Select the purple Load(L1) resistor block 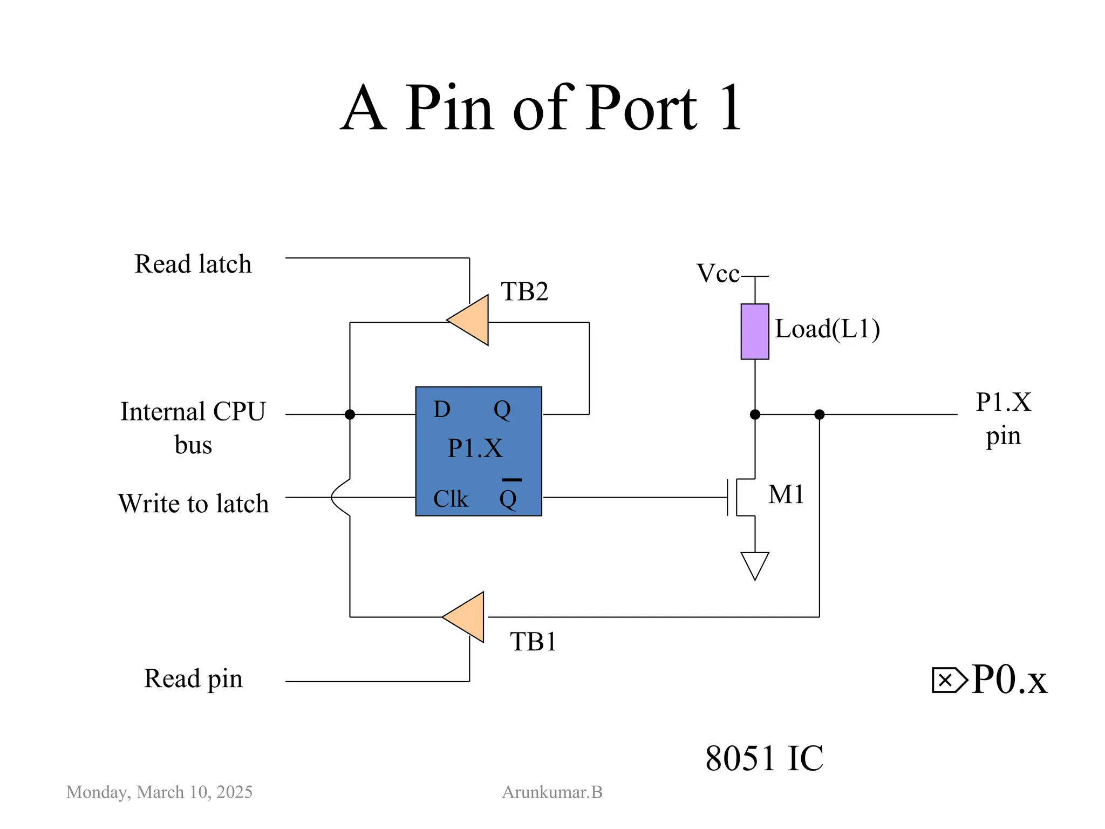point(754,331)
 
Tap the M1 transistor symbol point(742,497)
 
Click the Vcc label point(718,274)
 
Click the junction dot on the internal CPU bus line point(350,414)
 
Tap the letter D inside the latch point(442,410)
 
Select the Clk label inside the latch point(451,499)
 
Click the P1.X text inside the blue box point(475,449)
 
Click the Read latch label point(193,264)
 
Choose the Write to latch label point(193,504)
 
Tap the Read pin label point(193,679)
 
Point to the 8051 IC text point(764,758)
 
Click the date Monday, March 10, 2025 point(159,792)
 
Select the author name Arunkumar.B point(552,792)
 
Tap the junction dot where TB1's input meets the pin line point(819,414)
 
